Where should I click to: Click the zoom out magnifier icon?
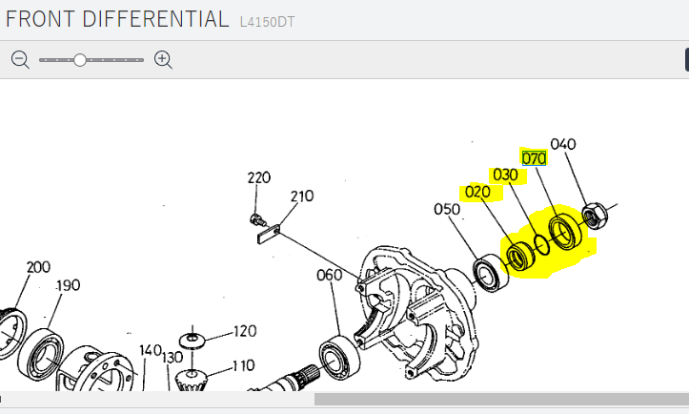click(x=20, y=59)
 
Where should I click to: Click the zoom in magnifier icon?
click(x=163, y=59)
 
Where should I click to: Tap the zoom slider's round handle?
click(x=79, y=60)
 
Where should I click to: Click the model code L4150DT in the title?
click(x=267, y=22)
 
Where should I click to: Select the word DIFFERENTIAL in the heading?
click(x=155, y=19)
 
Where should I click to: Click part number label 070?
click(x=534, y=158)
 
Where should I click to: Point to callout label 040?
click(x=563, y=144)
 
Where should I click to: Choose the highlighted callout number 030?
click(x=505, y=176)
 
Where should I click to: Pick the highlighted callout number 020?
click(x=477, y=192)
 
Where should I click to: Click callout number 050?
click(x=447, y=209)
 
